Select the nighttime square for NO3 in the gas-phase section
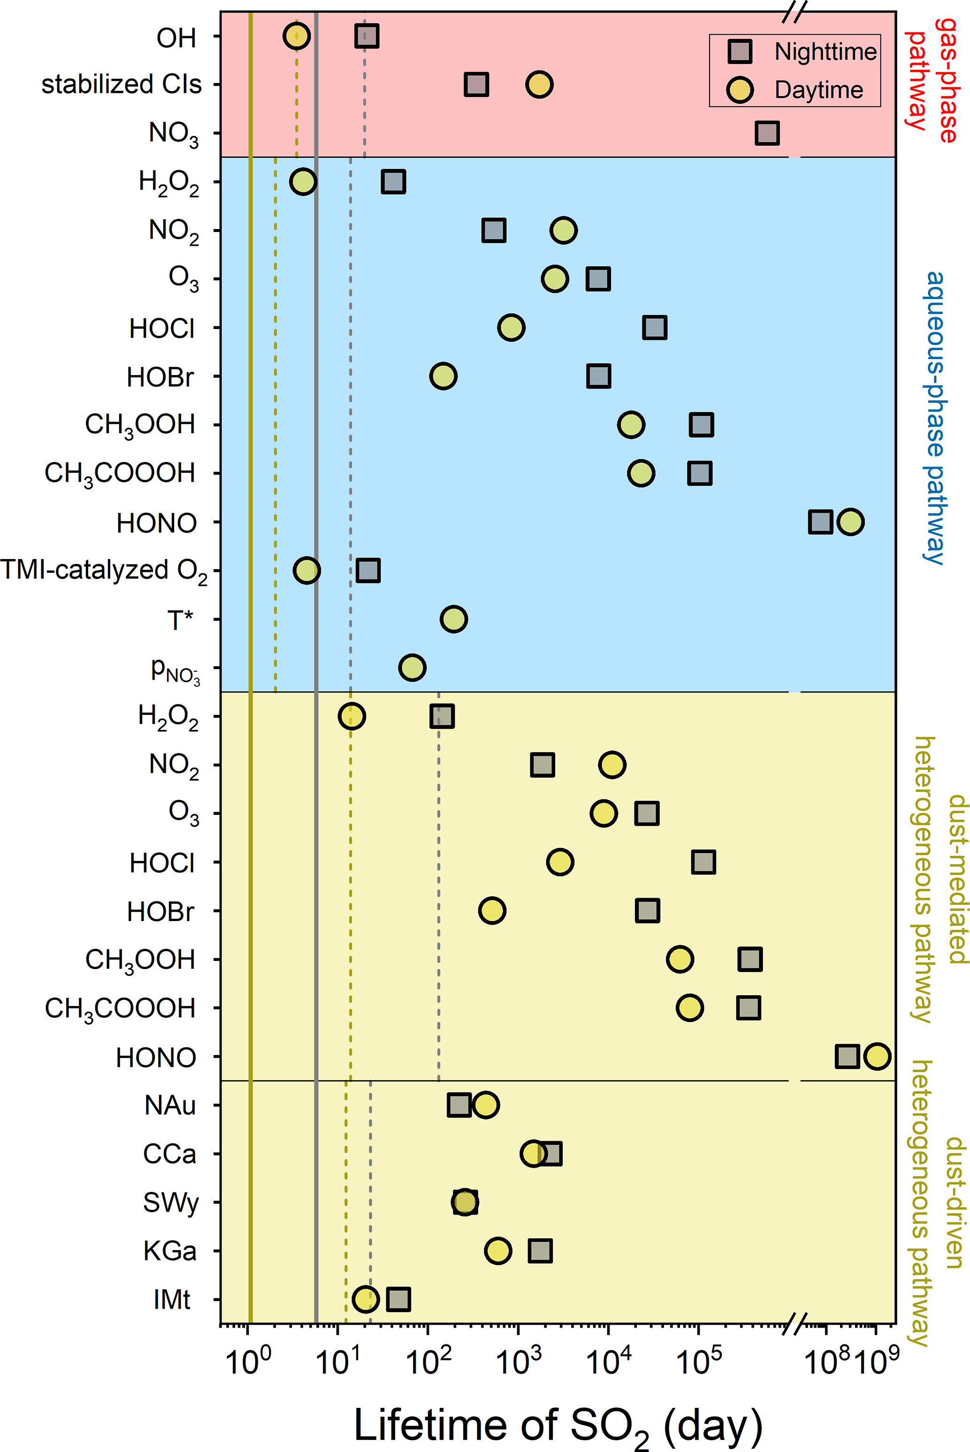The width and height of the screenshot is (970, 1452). click(767, 133)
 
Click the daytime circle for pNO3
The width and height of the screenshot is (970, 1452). click(412, 668)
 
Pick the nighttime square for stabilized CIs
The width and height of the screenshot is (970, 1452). click(476, 84)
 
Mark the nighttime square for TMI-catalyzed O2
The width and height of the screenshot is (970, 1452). click(368, 570)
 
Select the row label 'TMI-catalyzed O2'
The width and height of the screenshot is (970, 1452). click(104, 571)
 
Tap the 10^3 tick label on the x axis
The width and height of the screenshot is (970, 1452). click(519, 1360)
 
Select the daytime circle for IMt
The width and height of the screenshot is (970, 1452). click(365, 1299)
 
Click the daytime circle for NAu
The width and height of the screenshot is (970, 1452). click(486, 1105)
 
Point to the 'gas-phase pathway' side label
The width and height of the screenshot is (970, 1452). click(932, 80)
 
